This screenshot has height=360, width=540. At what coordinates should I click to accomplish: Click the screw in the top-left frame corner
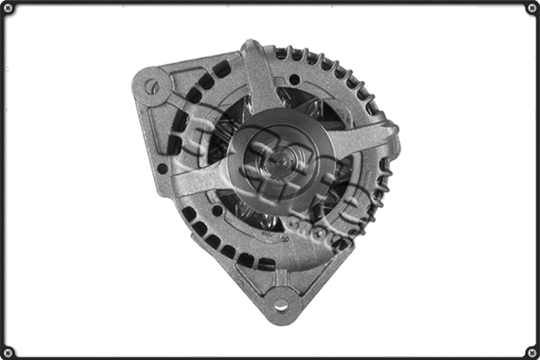click(x=8, y=8)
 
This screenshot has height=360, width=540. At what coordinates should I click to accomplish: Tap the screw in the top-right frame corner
click(x=531, y=8)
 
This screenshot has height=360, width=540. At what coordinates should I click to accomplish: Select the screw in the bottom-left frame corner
click(x=8, y=351)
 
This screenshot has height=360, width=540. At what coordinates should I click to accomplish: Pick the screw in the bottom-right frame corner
click(x=531, y=351)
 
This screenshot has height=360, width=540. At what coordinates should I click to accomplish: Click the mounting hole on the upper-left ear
click(x=152, y=87)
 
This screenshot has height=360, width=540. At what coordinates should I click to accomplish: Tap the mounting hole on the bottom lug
click(x=281, y=304)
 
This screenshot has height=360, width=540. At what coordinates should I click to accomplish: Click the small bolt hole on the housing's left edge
click(x=162, y=167)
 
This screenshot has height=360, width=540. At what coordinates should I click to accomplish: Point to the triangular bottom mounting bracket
click(x=281, y=288)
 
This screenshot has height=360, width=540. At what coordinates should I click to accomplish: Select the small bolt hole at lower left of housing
click(x=217, y=211)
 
